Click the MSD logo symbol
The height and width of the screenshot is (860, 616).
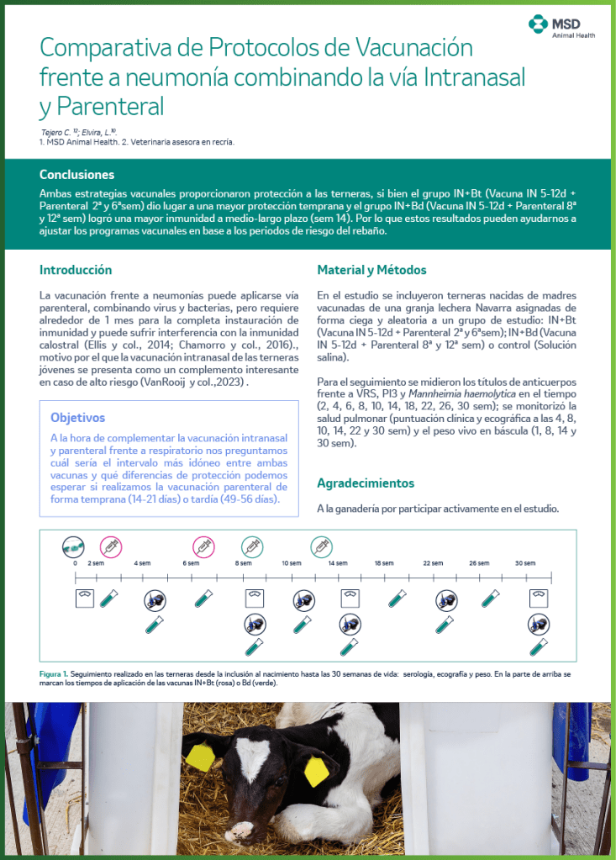tap(537, 24)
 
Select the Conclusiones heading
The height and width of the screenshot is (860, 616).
tap(76, 175)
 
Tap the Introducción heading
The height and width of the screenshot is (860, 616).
tap(76, 270)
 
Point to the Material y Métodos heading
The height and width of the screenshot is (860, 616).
tap(371, 270)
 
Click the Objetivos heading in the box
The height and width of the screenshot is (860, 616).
tap(77, 417)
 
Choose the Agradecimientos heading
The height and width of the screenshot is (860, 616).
tap(366, 483)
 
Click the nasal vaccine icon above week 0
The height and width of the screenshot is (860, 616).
tap(74, 546)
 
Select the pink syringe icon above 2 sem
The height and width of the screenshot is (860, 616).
tap(111, 546)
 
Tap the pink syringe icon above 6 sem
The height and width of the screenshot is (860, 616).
tap(203, 546)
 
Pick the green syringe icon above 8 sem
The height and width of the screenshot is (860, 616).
tap(252, 546)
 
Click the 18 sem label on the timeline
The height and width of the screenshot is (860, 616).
tap(383, 563)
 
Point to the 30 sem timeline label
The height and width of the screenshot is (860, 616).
tap(525, 563)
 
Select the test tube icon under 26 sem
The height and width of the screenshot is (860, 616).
tap(490, 598)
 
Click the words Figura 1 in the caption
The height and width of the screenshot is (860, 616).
tap(53, 674)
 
